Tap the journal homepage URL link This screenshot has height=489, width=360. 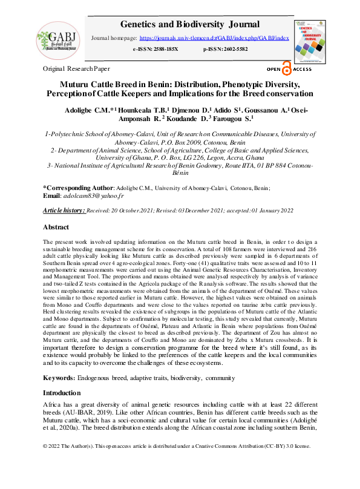click(222, 38)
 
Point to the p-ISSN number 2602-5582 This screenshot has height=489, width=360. click(233, 48)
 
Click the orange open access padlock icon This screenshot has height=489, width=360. click(286, 69)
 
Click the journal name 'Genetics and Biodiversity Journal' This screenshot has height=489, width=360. click(190, 25)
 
